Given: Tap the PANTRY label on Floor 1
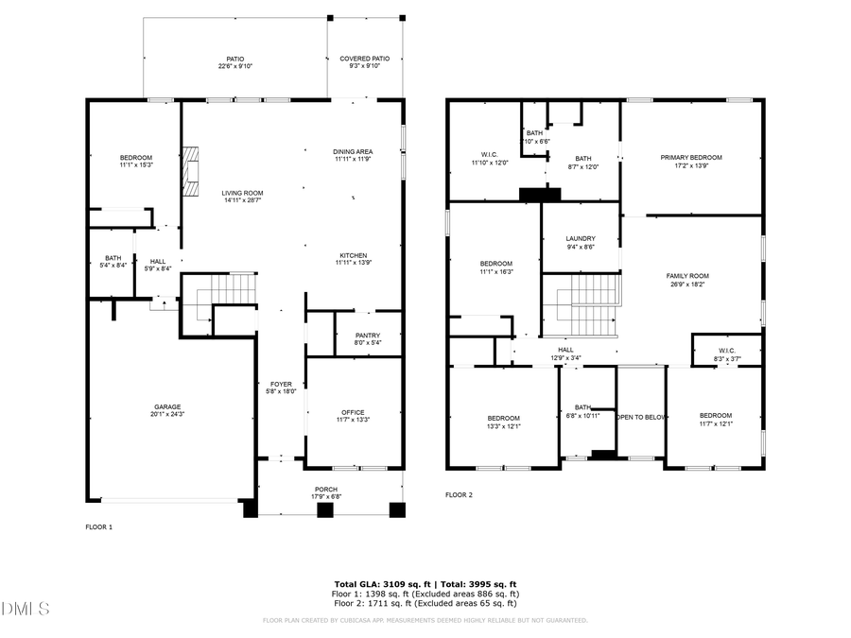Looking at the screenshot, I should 367,335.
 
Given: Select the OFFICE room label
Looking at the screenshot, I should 353,411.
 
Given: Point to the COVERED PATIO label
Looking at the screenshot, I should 364,59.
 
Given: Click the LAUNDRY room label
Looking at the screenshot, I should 580,238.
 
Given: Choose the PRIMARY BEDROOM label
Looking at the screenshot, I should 690,157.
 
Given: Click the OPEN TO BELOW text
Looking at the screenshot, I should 641,416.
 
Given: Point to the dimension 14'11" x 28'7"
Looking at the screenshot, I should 242,200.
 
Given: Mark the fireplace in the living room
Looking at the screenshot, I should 192,171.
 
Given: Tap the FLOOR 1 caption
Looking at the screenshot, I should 98,526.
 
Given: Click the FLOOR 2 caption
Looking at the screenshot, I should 459,494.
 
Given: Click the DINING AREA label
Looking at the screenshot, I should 353,151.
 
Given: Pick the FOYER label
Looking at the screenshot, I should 281,384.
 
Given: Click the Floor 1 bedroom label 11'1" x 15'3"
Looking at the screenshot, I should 135,157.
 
